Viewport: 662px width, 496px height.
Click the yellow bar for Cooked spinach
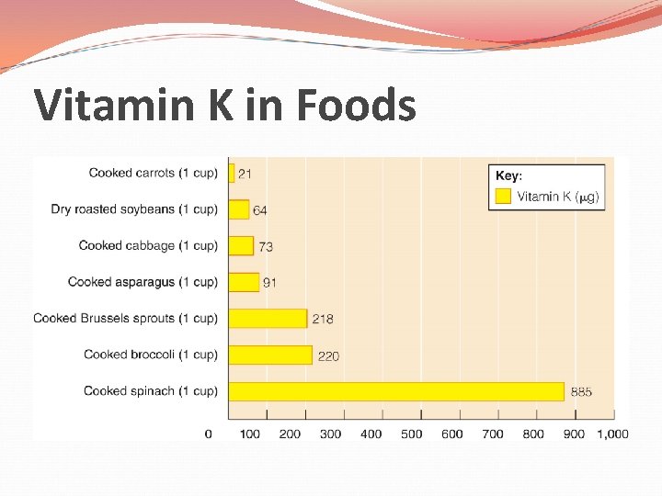pyautogui.click(x=395, y=391)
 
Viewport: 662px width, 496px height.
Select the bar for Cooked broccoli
pyautogui.click(x=270, y=355)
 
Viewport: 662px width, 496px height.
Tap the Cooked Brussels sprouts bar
pyautogui.click(x=268, y=318)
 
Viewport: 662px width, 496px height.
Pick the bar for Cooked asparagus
pyautogui.click(x=244, y=282)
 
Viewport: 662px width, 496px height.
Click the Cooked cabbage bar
pyautogui.click(x=241, y=245)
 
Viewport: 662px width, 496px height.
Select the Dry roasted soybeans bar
pyautogui.click(x=239, y=209)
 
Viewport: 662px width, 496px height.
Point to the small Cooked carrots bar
pyautogui.click(x=232, y=173)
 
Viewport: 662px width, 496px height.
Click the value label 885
pyautogui.click(x=581, y=392)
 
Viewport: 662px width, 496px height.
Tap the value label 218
pyautogui.click(x=323, y=319)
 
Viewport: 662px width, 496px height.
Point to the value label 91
pyautogui.click(x=269, y=283)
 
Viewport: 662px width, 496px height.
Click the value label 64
pyautogui.click(x=260, y=210)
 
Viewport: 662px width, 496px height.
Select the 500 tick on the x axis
pyautogui.click(x=411, y=434)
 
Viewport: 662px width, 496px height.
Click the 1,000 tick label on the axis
pyautogui.click(x=611, y=434)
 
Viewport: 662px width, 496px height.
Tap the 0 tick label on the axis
pyautogui.click(x=209, y=434)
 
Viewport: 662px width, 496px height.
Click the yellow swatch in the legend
pyautogui.click(x=503, y=196)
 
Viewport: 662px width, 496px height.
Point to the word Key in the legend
pyautogui.click(x=508, y=175)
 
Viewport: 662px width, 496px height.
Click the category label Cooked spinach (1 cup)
pyautogui.click(x=150, y=391)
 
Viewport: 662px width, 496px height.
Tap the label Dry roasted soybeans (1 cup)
pyautogui.click(x=134, y=209)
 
